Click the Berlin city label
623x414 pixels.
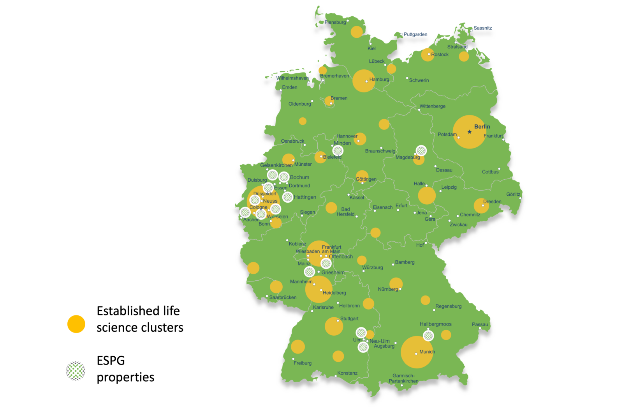pos(482,127)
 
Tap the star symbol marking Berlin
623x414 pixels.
pos(470,132)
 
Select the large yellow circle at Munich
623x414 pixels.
pos(417,352)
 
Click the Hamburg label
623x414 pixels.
pos(379,80)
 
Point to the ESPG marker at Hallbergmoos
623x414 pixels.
pos(428,335)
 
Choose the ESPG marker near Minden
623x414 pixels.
pos(338,150)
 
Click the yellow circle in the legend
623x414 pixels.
pos(76,324)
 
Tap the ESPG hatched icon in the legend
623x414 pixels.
pos(76,371)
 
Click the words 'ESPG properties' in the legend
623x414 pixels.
pos(125,369)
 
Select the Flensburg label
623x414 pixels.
pos(335,22)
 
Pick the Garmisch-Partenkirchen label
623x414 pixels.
pos(403,379)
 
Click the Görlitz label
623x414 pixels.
pos(513,194)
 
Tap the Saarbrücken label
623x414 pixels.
pos(283,297)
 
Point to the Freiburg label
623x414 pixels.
pos(303,363)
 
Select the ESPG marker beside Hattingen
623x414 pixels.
pos(288,197)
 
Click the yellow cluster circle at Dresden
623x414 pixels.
pos(481,206)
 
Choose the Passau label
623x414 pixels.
pos(480,324)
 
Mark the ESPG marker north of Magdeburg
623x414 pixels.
pos(421,150)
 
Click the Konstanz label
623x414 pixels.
pos(347,373)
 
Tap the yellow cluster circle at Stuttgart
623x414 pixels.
pos(334,326)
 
